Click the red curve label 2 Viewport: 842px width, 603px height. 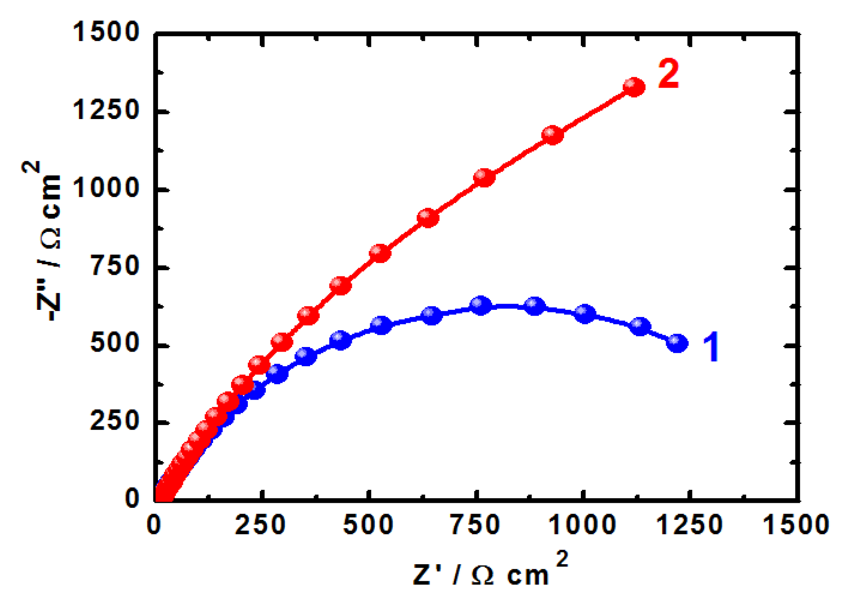[x=669, y=74]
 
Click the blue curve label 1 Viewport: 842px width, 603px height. [x=711, y=346]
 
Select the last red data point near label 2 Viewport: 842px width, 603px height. [x=634, y=87]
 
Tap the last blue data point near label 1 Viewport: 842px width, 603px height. [x=677, y=343]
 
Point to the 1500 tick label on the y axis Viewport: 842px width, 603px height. [x=106, y=32]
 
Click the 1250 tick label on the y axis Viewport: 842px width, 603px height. [x=106, y=111]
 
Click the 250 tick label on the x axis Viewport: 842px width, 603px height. [x=260, y=525]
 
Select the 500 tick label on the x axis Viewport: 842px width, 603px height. [x=368, y=525]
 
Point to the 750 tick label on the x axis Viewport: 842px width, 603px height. [x=476, y=525]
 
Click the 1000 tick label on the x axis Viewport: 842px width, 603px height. [x=582, y=525]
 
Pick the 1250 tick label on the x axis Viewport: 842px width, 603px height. [x=690, y=525]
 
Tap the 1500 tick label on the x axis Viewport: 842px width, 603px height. [x=796, y=525]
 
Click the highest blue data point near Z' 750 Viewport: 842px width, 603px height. [x=481, y=306]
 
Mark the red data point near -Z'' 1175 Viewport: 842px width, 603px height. [x=552, y=135]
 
